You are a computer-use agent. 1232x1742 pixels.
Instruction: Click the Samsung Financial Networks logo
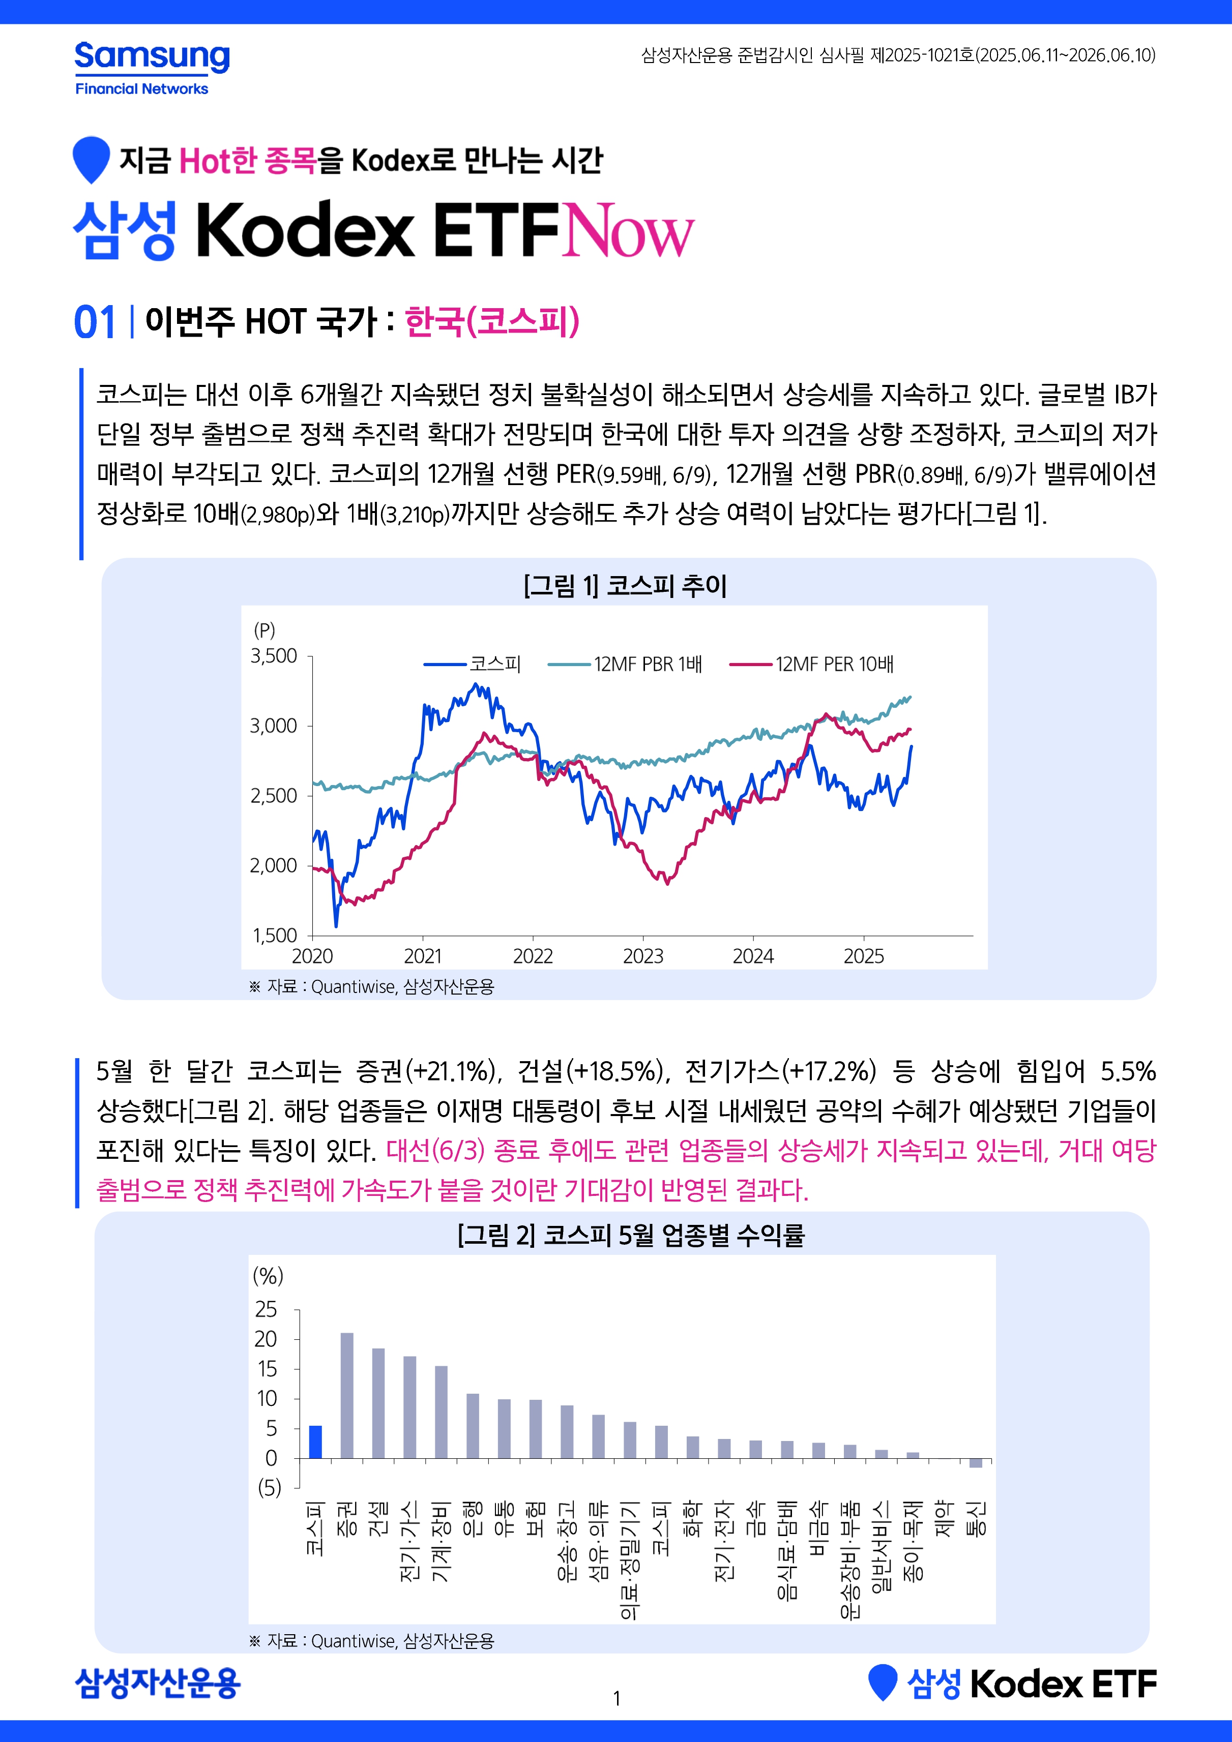click(152, 68)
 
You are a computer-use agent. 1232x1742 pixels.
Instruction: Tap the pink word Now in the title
click(628, 230)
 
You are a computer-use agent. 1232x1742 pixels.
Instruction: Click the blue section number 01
click(95, 322)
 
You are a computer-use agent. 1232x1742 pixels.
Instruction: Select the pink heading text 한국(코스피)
click(492, 321)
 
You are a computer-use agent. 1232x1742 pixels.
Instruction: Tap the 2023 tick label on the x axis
click(643, 956)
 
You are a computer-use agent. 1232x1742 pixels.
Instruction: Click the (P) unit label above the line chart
click(264, 629)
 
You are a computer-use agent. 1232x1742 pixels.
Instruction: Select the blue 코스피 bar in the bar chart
click(315, 1441)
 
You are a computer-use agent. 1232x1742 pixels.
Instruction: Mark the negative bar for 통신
click(976, 1463)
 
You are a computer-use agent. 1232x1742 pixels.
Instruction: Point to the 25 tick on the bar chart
click(267, 1309)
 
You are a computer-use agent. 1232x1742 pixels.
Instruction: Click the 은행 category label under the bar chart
click(472, 1517)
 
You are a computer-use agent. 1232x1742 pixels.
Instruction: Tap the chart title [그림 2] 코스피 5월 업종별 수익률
click(630, 1235)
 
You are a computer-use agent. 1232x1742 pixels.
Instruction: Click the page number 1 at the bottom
click(617, 1698)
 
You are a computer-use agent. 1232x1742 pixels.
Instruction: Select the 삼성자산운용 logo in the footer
click(158, 1683)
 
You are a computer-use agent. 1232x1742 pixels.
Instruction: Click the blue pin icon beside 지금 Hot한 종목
click(91, 157)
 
